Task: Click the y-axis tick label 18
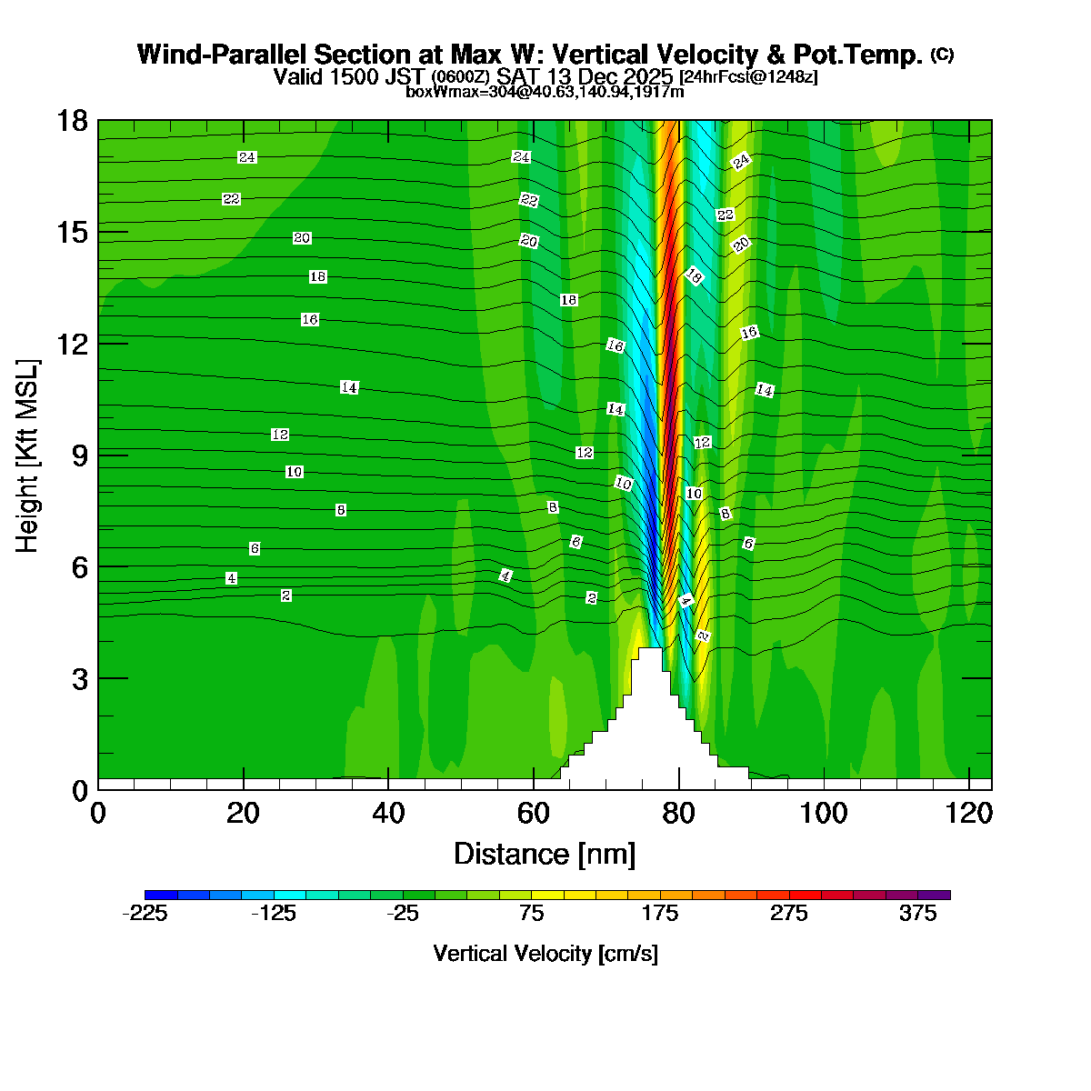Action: (73, 120)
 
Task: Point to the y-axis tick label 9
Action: (79, 455)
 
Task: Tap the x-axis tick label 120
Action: (969, 813)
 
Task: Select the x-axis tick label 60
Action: (534, 813)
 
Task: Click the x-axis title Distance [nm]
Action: (545, 854)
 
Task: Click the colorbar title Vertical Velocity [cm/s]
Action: (545, 954)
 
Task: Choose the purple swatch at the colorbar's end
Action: (935, 895)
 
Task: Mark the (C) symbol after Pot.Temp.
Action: (942, 55)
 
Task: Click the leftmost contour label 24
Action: (246, 157)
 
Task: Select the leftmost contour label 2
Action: (286, 596)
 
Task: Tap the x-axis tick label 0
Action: (98, 813)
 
